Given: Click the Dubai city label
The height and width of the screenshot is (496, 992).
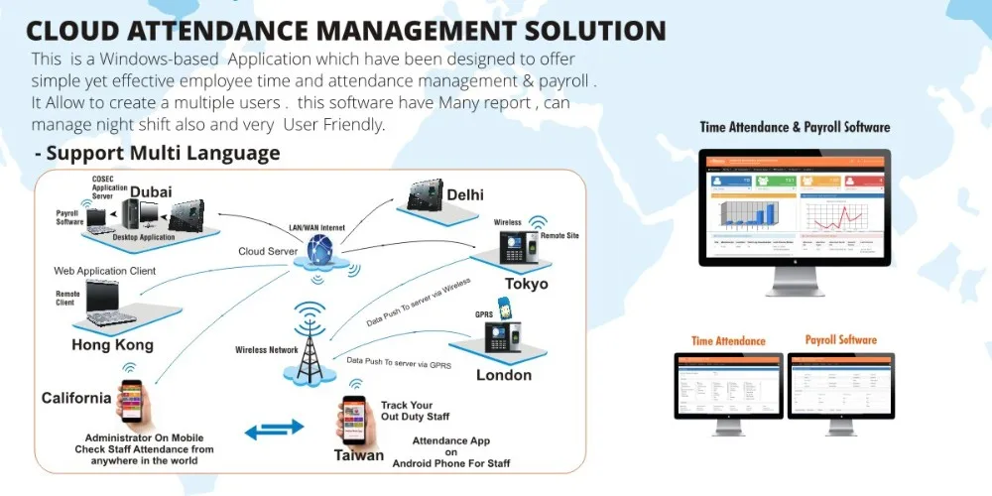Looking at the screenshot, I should point(151,191).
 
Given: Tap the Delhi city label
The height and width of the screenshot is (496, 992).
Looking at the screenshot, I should point(465,194).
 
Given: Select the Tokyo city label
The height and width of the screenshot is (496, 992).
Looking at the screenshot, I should point(526,284).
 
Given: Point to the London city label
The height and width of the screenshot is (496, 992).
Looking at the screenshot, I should point(504,375).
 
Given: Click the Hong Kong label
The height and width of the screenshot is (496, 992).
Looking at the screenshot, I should point(112,345).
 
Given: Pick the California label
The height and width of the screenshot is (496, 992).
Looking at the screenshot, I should point(76,398).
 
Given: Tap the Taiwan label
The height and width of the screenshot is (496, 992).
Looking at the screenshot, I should point(358,455).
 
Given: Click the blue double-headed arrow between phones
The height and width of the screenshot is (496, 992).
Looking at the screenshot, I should point(275,429).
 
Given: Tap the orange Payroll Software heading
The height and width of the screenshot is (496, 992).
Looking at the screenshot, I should point(840,340).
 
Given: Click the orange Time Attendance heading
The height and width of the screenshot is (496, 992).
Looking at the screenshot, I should point(728,341).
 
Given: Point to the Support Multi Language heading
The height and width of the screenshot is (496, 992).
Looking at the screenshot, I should point(157,154).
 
